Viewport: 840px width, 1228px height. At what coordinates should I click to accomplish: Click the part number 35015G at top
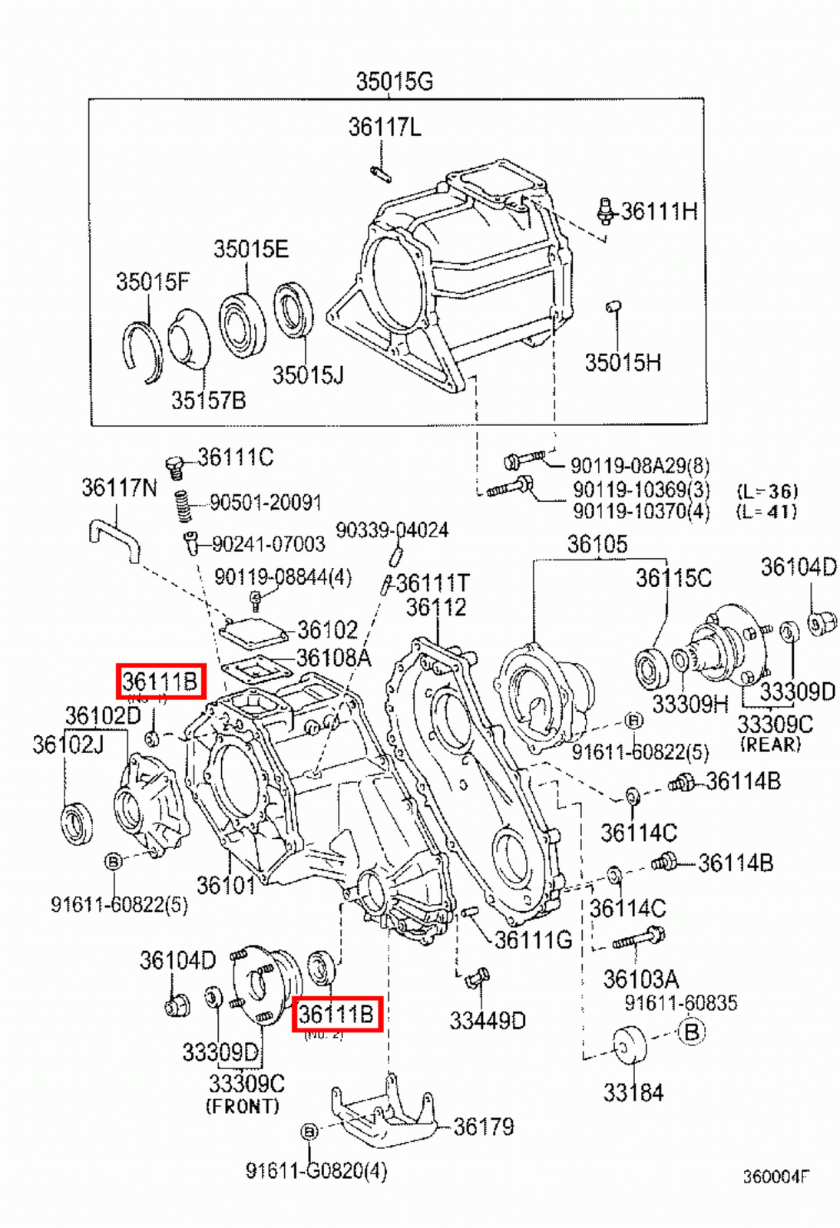tap(394, 81)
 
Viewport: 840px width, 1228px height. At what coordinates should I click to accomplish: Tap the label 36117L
tap(384, 127)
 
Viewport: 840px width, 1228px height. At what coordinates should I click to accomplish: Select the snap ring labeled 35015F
tap(143, 352)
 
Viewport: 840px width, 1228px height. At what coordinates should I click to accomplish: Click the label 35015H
tap(622, 363)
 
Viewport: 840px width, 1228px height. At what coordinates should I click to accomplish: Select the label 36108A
tap(333, 659)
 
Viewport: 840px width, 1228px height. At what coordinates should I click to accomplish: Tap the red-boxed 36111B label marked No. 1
tap(160, 681)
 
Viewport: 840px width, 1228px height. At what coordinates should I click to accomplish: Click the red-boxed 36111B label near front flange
tap(336, 1014)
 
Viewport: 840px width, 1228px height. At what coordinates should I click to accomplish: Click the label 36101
tap(225, 886)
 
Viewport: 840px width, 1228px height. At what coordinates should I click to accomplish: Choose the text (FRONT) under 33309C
tap(242, 1107)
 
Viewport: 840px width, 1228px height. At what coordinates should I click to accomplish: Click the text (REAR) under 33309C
tap(770, 744)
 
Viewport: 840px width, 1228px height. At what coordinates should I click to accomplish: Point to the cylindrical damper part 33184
tap(630, 1045)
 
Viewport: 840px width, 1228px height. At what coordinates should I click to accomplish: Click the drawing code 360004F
tap(775, 1177)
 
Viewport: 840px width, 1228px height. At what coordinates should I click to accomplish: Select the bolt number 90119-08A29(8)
tap(640, 466)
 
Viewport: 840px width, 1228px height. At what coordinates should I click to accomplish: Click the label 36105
tap(597, 545)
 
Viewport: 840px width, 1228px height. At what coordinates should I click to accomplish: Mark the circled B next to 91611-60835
tap(691, 1032)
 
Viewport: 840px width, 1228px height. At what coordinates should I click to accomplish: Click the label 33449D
tap(488, 1021)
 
